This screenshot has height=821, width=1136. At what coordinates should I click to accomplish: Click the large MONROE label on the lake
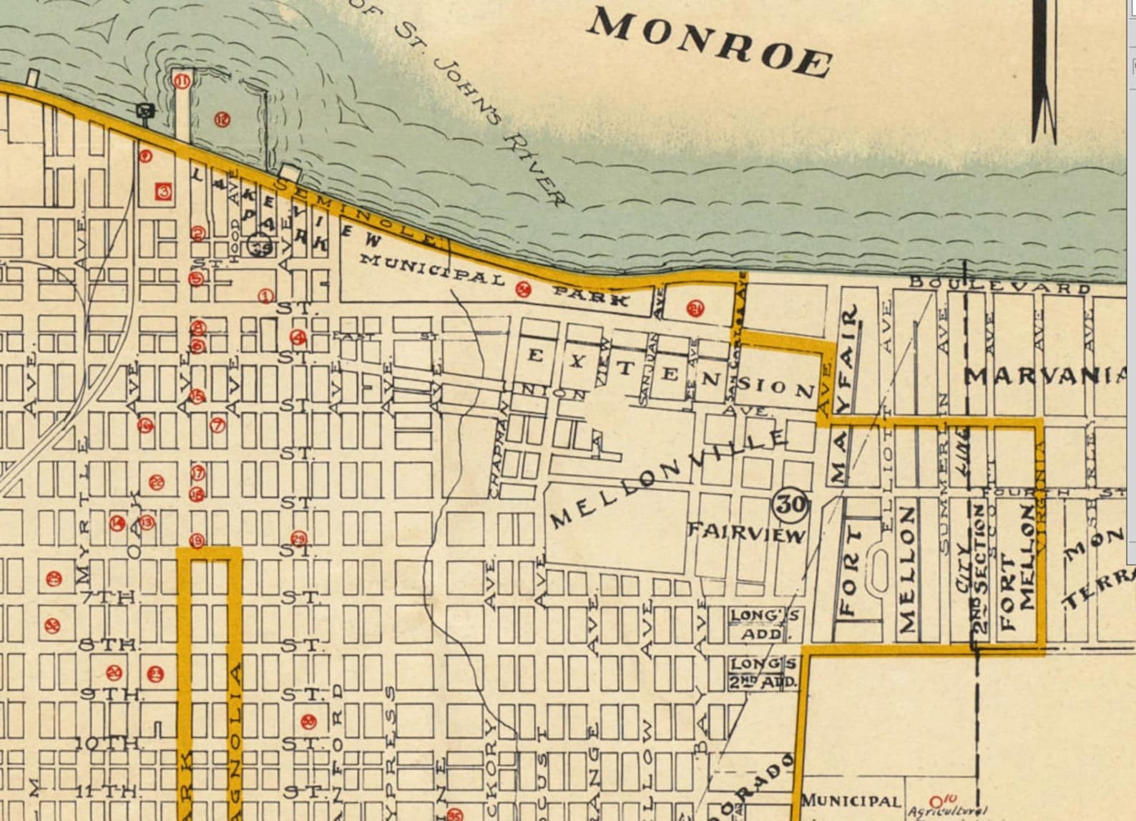[x=710, y=44]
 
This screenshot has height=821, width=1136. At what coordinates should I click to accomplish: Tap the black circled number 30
[x=790, y=504]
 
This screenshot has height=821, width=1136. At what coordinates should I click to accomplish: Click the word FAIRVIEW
[x=746, y=532]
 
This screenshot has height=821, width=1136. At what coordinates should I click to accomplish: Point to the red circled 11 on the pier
[x=182, y=82]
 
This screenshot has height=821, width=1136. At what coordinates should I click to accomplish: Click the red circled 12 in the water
[x=222, y=120]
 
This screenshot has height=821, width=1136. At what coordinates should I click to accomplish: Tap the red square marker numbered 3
[x=164, y=192]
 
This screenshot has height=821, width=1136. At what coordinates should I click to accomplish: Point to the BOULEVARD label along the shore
[x=999, y=287]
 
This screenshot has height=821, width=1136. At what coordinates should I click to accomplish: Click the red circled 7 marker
[x=217, y=425]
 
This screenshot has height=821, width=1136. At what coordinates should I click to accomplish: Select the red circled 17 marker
[x=197, y=473]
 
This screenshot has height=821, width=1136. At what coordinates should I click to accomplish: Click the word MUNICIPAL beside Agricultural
[x=850, y=801]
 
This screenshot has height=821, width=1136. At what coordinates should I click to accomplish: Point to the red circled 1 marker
[x=265, y=296]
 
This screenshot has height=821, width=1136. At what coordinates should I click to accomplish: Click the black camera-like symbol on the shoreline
[x=146, y=110]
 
